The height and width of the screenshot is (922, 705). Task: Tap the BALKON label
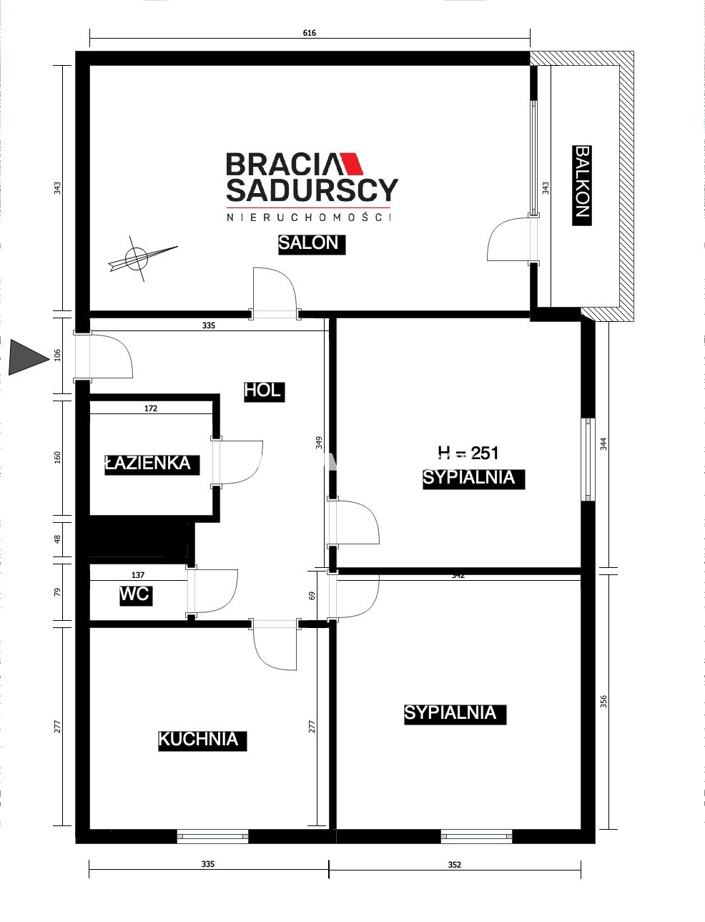[582, 185]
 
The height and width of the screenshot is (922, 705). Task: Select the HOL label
[264, 391]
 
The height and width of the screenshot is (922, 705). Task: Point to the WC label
[136, 595]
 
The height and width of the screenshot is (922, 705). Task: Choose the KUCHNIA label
[202, 740]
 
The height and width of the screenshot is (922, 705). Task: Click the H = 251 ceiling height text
[468, 453]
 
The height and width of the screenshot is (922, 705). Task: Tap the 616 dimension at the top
[310, 33]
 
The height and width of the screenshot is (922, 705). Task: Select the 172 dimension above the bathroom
[151, 408]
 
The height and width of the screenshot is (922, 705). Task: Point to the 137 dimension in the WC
[138, 575]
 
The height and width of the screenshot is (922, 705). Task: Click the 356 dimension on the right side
[603, 701]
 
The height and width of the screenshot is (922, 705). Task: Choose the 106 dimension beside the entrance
[57, 355]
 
